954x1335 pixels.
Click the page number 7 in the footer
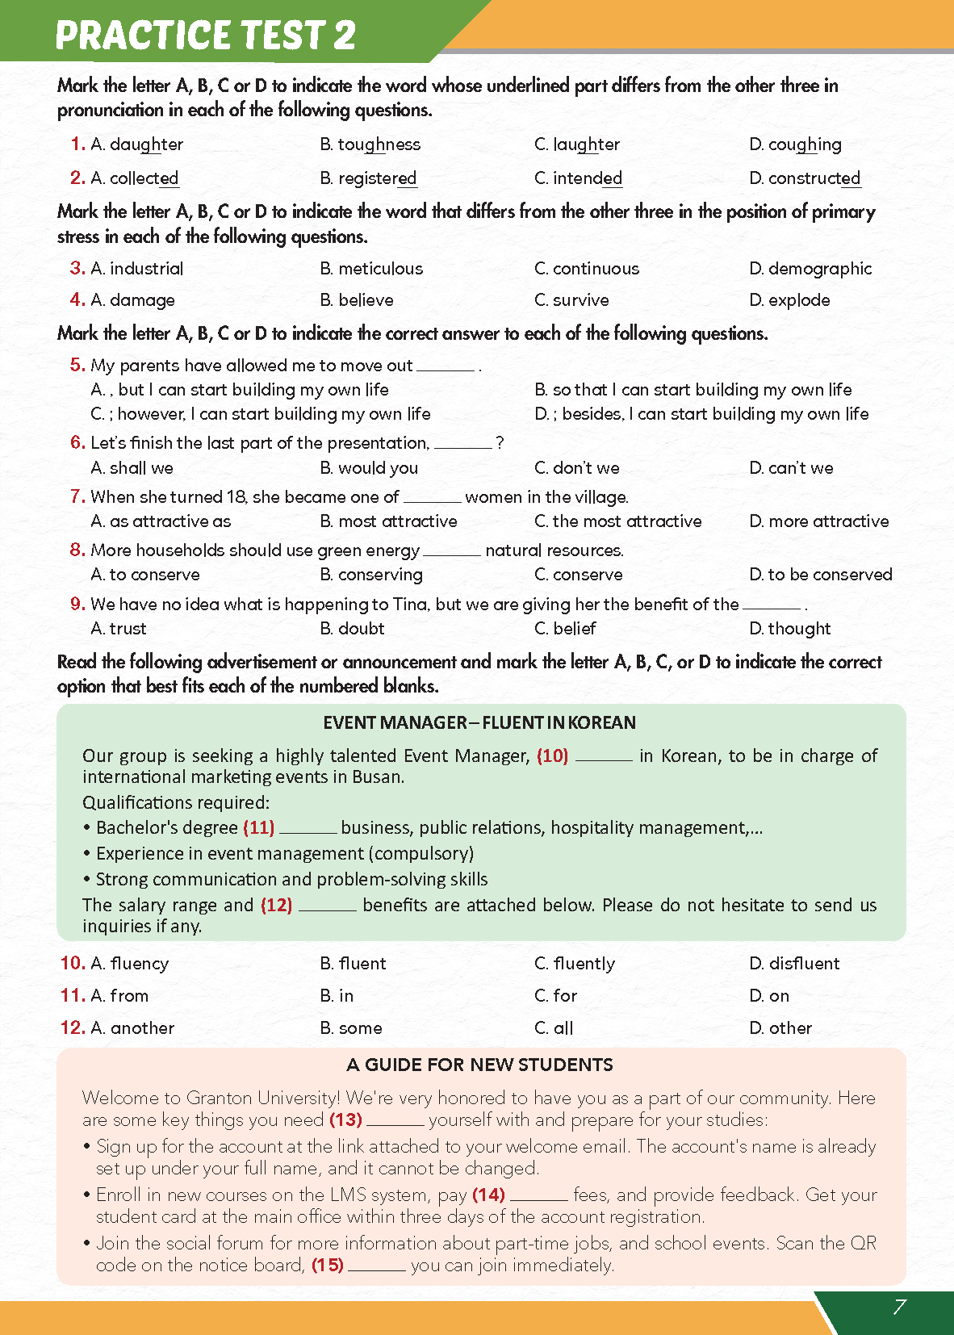pos(899,1307)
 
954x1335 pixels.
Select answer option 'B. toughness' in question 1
pos(370,144)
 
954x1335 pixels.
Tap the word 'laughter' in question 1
pos(586,144)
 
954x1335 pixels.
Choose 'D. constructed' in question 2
pos(804,178)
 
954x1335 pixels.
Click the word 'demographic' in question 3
pos(819,269)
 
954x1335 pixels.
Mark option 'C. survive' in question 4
pos(571,300)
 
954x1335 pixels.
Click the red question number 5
pos(77,365)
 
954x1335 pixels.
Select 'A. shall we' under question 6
pos(132,468)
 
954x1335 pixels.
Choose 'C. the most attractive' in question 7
pos(617,521)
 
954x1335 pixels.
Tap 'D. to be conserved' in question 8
pos(820,575)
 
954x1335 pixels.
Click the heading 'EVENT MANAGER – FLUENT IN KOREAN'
pos(479,722)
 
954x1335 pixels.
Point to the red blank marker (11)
pos(259,827)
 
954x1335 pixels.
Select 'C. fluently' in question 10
pos(574,964)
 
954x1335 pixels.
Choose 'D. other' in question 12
pos(780,1028)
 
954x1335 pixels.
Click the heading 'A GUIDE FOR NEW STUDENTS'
pos(479,1065)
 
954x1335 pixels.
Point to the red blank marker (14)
pos(488,1195)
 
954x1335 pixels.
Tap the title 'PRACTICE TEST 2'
pos(205,35)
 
